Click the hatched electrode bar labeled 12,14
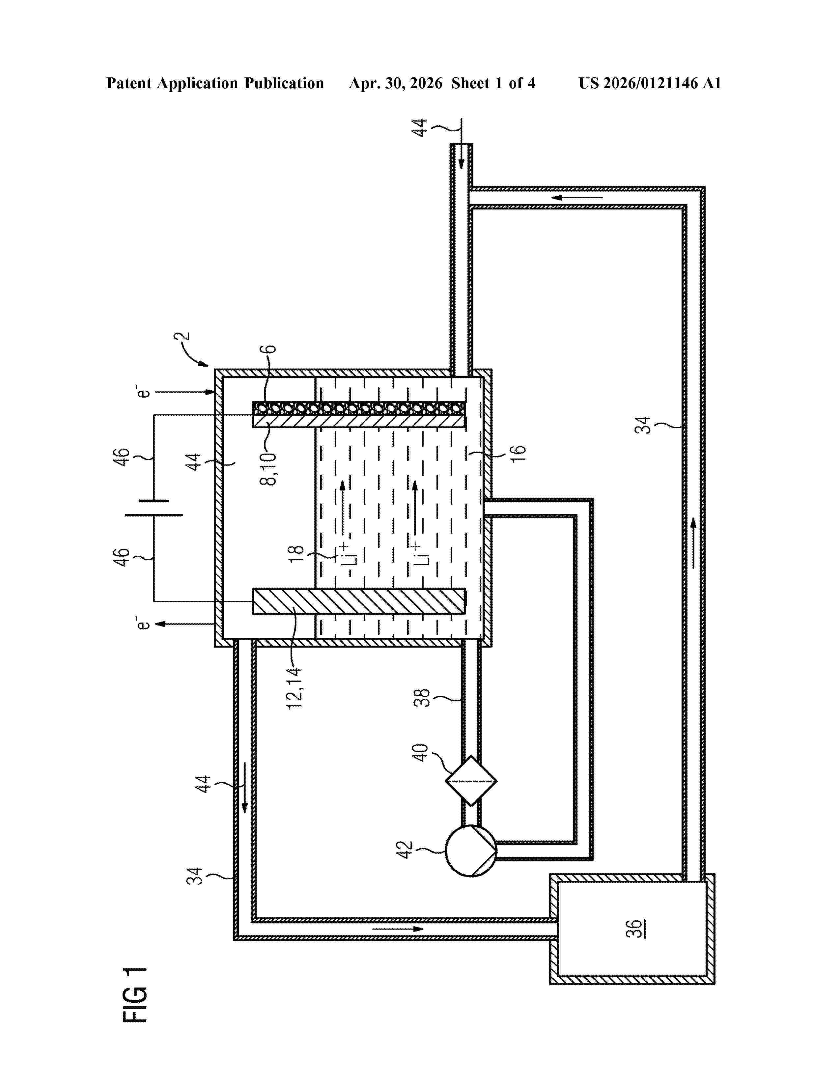tap(359, 601)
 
